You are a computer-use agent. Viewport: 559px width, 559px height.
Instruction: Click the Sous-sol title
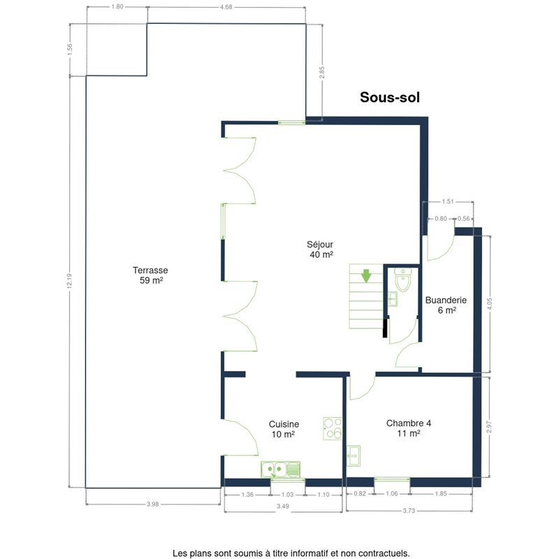pos(390,97)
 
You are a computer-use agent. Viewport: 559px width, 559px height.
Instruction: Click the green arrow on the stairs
pos(366,276)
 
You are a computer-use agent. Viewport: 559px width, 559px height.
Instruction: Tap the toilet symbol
pos(403,280)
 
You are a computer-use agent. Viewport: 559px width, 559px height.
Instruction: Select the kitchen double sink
pos(281,469)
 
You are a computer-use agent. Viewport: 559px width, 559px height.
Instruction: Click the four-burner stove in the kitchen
pos(333,428)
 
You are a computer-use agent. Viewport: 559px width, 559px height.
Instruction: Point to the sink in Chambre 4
pos(354,456)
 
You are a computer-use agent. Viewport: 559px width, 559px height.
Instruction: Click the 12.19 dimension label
pos(69,280)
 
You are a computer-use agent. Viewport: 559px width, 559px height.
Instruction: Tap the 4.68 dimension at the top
pos(226,7)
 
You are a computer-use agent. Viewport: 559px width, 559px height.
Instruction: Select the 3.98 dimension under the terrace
pos(152,504)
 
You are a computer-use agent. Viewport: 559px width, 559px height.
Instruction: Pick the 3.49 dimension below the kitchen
pos(283,506)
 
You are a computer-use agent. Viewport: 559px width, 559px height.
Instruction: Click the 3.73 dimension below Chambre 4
pos(409,511)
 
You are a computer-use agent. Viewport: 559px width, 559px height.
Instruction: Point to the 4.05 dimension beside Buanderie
pos(489,305)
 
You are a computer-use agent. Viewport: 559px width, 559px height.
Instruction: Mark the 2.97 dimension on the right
pos(488,427)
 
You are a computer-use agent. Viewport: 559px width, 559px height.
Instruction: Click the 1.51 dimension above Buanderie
pos(448,201)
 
